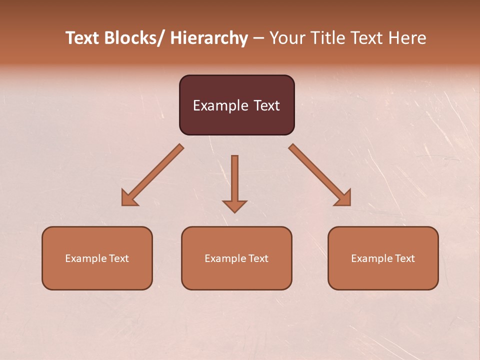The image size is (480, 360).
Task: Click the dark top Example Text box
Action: [x=236, y=105]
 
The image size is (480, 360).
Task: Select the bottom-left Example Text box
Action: [x=97, y=258]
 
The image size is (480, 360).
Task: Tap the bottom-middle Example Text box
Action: [x=236, y=258]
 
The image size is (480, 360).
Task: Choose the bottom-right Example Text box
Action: [x=383, y=258]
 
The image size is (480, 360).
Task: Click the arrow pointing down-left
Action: [x=152, y=175]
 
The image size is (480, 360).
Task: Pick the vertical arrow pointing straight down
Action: [x=234, y=182]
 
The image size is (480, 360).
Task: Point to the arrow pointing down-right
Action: [x=320, y=175]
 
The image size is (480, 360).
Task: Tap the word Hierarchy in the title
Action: [x=209, y=38]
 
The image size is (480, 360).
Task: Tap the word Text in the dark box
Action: [x=266, y=105]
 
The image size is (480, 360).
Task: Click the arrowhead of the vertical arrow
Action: [x=234, y=206]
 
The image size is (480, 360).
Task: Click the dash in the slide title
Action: [x=258, y=38]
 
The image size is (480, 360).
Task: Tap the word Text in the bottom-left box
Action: [x=118, y=258]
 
